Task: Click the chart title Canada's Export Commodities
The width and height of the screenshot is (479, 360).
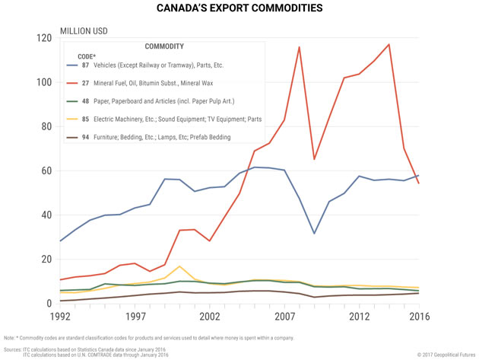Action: (x=239, y=10)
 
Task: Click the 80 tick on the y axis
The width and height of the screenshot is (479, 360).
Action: (x=47, y=126)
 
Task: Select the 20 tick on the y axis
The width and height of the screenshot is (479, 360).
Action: (x=47, y=260)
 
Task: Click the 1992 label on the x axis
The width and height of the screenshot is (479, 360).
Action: (x=60, y=315)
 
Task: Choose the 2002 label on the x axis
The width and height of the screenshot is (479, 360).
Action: (x=210, y=315)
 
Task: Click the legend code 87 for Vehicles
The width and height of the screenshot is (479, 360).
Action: (x=86, y=65)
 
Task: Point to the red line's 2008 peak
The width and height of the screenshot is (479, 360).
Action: (x=299, y=47)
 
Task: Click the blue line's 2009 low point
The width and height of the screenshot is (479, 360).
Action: (x=314, y=233)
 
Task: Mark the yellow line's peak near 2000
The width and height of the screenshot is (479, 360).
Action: (x=179, y=266)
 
